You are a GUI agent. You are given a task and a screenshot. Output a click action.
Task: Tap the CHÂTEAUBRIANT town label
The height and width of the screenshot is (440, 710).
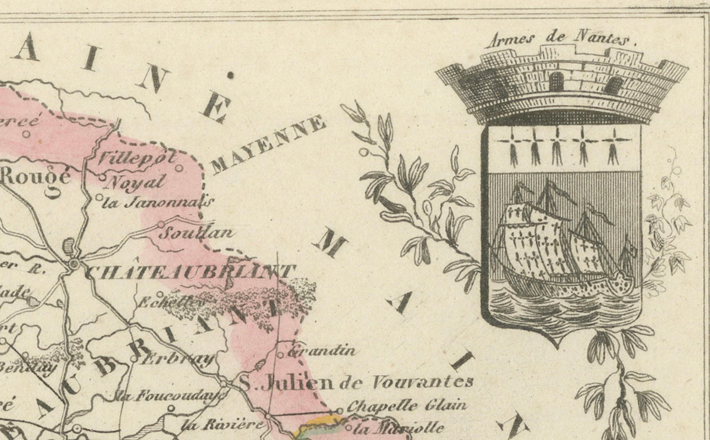tap(189, 272)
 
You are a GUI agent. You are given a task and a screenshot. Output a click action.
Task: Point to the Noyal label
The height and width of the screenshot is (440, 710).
tap(134, 183)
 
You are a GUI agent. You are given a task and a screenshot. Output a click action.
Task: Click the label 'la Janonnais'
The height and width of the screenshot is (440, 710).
tap(157, 202)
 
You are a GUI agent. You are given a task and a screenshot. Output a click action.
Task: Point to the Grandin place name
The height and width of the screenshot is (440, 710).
tap(320, 350)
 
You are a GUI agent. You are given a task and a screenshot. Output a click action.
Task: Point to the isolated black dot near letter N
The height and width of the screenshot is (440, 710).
tap(230, 75)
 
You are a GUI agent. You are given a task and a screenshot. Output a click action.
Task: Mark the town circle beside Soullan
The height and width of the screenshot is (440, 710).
tap(161, 224)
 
